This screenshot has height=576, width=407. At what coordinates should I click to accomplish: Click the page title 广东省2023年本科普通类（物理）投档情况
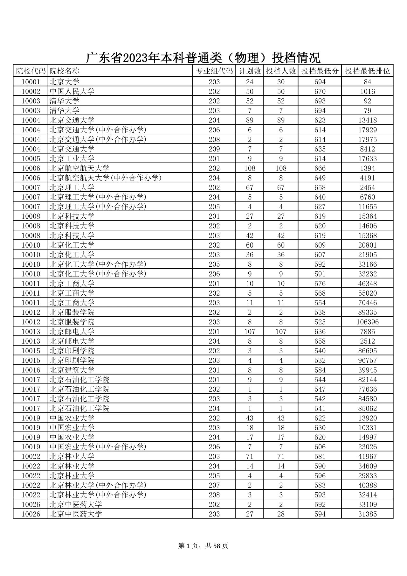[203, 58]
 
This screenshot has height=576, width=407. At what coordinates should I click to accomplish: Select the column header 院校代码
[31, 71]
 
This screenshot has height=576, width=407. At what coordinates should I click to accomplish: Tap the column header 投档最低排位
[367, 71]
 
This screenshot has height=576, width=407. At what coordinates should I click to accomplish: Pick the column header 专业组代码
[214, 71]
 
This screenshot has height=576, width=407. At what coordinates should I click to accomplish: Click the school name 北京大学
[65, 82]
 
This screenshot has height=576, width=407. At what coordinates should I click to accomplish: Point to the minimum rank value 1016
[367, 92]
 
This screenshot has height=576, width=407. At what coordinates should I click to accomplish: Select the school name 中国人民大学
[72, 92]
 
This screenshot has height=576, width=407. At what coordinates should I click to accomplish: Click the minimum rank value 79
[367, 111]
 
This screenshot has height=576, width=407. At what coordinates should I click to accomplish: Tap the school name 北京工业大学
[72, 158]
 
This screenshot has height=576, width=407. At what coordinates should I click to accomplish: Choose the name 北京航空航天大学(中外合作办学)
[106, 178]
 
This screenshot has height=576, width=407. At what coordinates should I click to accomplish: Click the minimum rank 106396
[367, 322]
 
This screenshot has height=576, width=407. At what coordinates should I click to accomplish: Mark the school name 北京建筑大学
[72, 370]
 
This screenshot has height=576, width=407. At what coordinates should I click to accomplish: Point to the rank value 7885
[367, 332]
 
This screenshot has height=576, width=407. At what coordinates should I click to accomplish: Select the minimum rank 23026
[367, 447]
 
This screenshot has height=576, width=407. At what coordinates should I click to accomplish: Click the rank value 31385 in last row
[367, 514]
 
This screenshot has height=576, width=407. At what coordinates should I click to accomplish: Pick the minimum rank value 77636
[367, 389]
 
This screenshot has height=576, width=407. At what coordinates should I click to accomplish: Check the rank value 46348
[367, 284]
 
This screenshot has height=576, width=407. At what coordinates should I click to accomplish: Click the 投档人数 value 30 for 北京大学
[281, 82]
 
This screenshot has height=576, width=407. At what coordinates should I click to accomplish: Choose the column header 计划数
[250, 71]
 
